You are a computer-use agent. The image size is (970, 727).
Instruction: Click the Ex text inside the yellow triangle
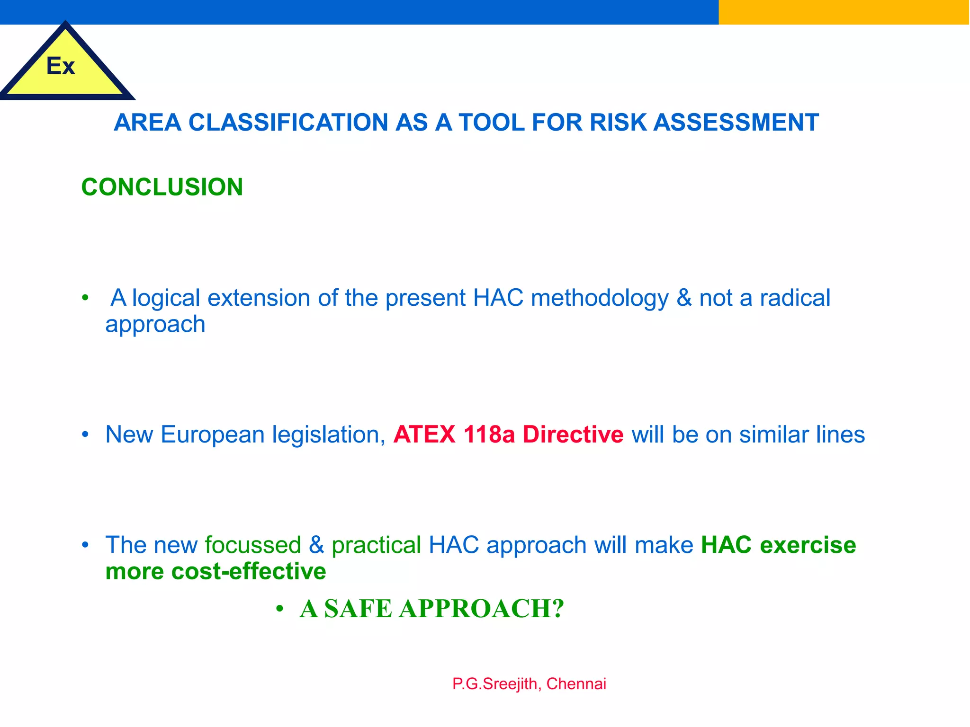click(x=61, y=66)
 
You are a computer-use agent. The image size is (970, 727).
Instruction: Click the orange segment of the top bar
click(x=844, y=12)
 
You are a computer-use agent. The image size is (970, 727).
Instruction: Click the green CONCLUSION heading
click(x=162, y=187)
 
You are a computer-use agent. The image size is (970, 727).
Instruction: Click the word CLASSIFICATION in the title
click(x=289, y=123)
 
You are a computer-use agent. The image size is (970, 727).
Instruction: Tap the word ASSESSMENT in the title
click(x=736, y=123)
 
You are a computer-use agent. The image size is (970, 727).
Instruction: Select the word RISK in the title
click(x=618, y=123)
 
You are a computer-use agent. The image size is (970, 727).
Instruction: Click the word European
click(x=213, y=434)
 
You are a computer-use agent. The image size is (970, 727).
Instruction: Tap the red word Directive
click(x=573, y=434)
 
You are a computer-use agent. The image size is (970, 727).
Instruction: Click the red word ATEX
click(x=424, y=434)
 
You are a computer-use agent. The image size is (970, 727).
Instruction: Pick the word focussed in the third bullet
click(x=253, y=545)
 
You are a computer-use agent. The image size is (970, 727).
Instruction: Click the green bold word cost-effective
click(x=249, y=571)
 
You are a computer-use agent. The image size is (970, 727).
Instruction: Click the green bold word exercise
click(x=808, y=545)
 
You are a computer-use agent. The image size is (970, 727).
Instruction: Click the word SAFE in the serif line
click(x=358, y=609)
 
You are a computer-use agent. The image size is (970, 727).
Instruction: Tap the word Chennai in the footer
click(x=576, y=684)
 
